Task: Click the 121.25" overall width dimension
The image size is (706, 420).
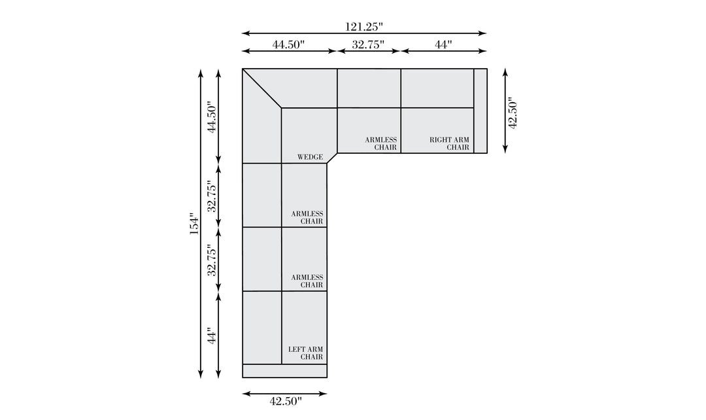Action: coord(364,27)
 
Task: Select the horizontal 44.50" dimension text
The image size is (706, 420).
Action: coord(288,44)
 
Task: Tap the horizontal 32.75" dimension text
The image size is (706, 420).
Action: coord(368,44)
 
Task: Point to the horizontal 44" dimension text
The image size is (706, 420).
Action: coord(443,44)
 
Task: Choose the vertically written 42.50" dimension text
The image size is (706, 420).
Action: coord(513,113)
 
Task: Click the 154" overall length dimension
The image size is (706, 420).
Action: coord(194,224)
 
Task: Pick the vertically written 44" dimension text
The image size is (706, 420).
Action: coord(212,335)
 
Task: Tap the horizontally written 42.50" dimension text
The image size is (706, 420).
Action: coord(286,401)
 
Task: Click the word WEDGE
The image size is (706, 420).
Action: coord(310,157)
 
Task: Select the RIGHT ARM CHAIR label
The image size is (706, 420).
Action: coord(449,144)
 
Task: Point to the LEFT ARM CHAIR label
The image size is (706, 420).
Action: coord(305,353)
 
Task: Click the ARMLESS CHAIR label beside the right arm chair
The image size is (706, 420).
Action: coord(381,144)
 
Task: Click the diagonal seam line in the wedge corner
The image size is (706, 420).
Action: coord(262,88)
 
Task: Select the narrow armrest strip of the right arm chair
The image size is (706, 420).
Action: coord(480,111)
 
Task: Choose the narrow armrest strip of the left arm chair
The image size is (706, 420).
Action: coord(284,371)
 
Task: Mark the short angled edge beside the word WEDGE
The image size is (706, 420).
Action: coord(332,158)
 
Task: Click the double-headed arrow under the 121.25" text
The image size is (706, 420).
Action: coord(364,33)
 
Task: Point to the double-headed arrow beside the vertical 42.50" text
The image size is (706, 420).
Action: coord(505,111)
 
